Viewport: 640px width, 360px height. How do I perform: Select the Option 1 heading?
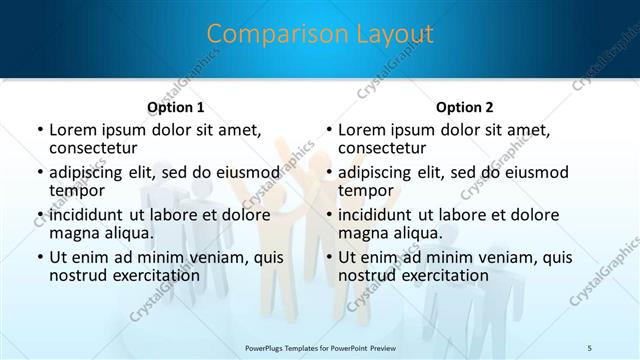[176, 107]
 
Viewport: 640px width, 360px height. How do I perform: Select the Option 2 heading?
[465, 107]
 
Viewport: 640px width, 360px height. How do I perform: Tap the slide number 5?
[590, 347]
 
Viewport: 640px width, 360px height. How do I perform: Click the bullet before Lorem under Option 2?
[328, 131]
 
